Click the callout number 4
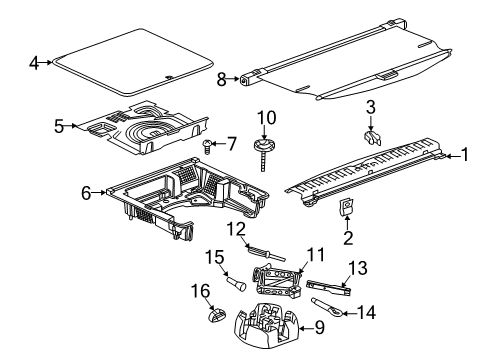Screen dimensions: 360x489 click(x=34, y=63)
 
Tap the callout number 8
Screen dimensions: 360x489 click(x=221, y=77)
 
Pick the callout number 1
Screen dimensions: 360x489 click(x=462, y=155)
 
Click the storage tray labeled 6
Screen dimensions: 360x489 click(x=190, y=200)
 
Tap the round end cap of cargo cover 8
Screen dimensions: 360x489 click(x=247, y=77)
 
